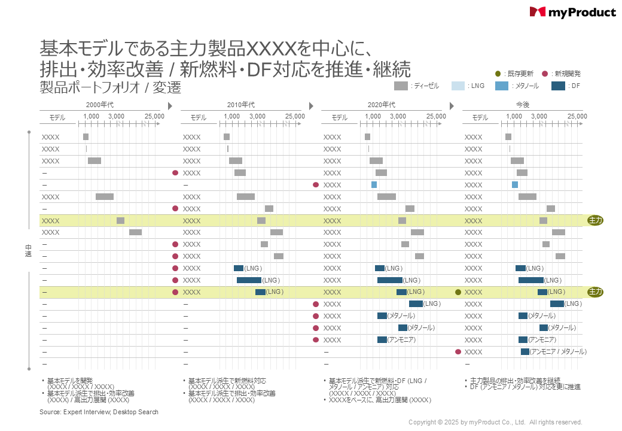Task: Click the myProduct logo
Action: click(572, 12)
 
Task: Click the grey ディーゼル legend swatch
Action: click(401, 86)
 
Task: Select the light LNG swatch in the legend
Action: click(458, 86)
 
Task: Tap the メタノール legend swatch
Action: click(502, 86)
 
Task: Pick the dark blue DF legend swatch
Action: click(558, 86)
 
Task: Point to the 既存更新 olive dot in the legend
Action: click(498, 74)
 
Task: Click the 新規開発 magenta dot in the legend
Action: click(544, 74)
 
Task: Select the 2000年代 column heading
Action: click(100, 105)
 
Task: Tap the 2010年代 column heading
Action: click(241, 105)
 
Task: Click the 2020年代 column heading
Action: click(381, 105)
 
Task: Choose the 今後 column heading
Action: click(522, 105)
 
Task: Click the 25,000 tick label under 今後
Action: click(577, 116)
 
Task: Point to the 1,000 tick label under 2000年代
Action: click(92, 116)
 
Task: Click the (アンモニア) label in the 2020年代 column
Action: click(401, 339)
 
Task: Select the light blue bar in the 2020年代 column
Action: click(374, 184)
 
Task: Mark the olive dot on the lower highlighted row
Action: click(458, 292)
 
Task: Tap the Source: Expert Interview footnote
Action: click(99, 412)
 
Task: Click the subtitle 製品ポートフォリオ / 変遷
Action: click(110, 88)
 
